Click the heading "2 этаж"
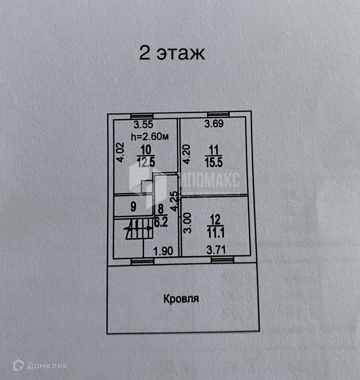click(172, 53)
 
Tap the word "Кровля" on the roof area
click(181, 298)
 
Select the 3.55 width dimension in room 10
click(143, 125)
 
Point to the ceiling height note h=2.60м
click(150, 136)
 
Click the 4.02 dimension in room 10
click(120, 152)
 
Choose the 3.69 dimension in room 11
click(214, 124)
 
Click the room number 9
click(133, 207)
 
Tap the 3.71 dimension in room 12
click(216, 250)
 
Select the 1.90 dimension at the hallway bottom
click(163, 251)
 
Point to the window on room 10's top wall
click(142, 116)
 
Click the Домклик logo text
click(47, 366)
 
